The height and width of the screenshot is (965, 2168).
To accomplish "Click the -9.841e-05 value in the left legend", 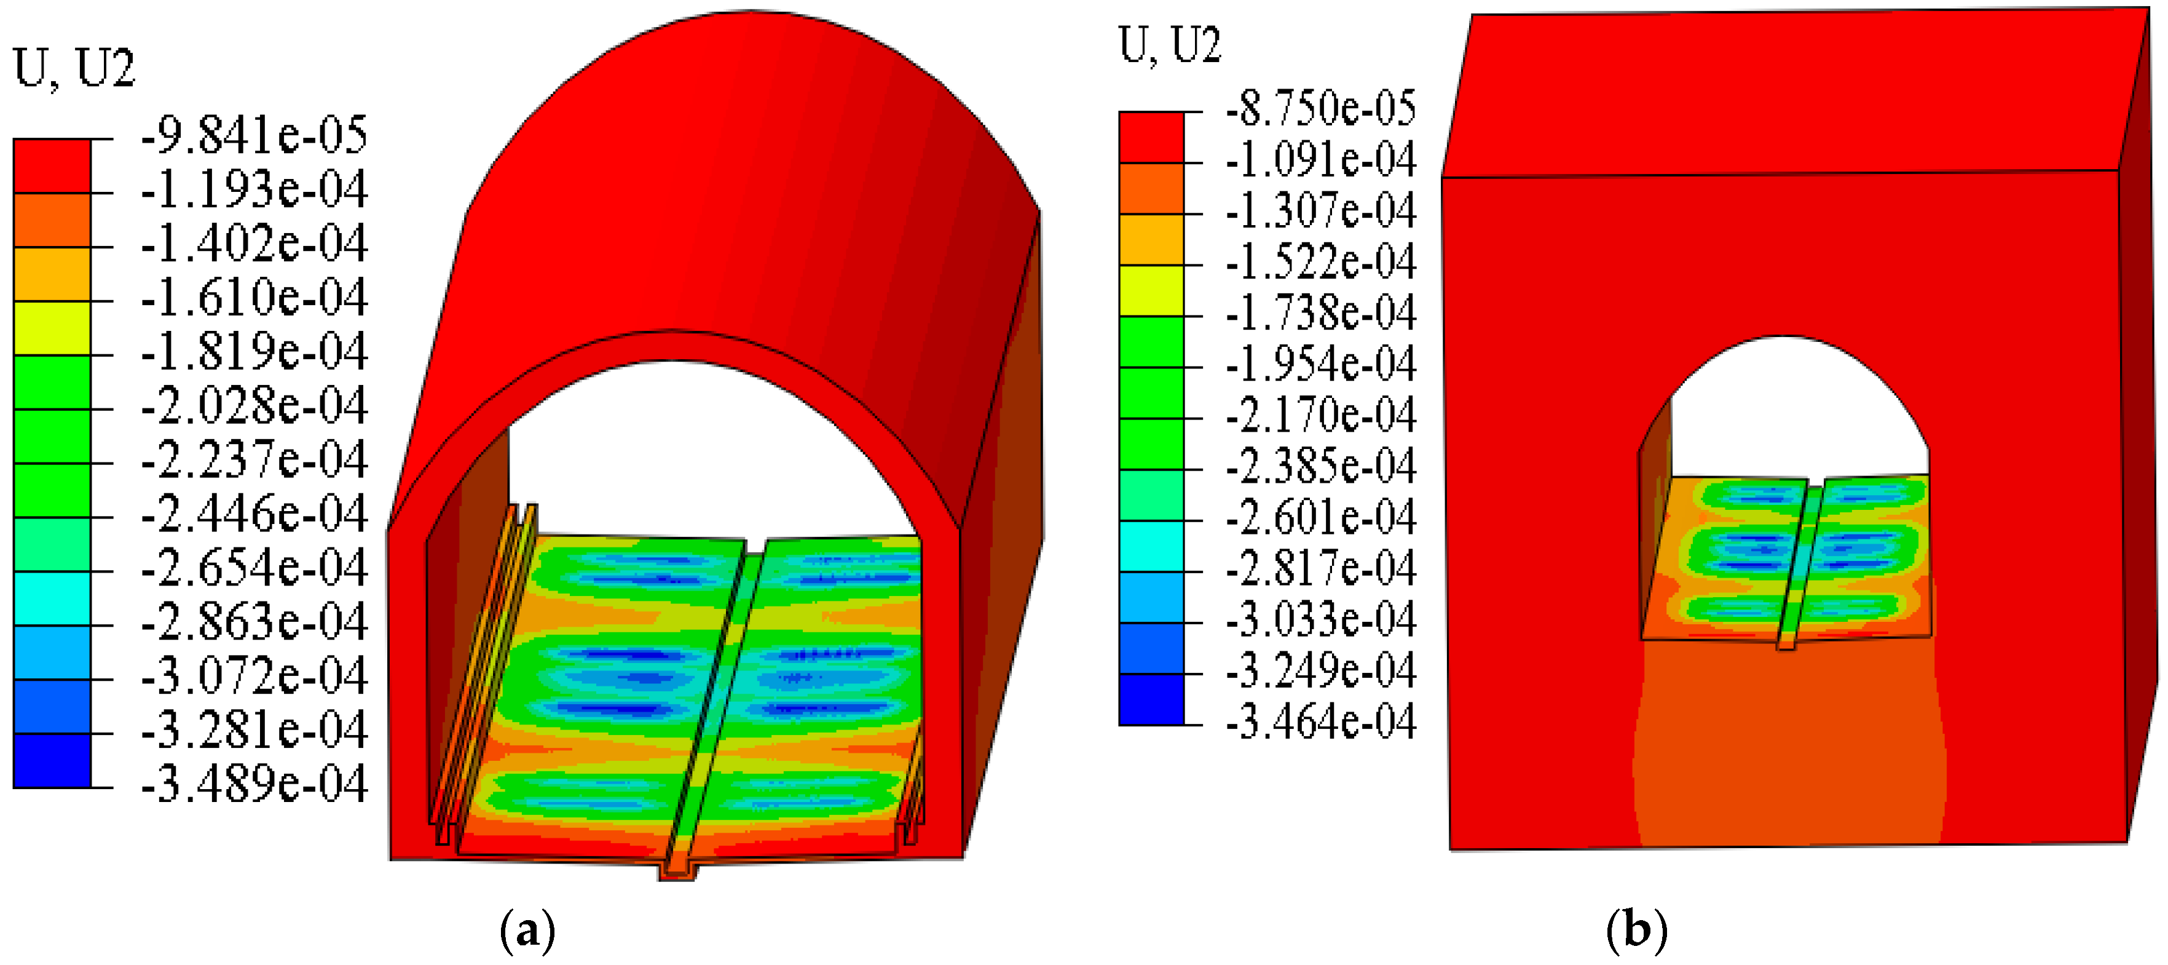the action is [x=254, y=135].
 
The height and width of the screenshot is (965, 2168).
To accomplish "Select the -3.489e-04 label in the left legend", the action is [x=254, y=784].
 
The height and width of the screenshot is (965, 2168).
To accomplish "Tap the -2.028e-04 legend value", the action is [x=254, y=405].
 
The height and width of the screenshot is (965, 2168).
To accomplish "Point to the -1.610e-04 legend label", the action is [x=254, y=297].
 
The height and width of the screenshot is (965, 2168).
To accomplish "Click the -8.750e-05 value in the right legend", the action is [x=1320, y=108].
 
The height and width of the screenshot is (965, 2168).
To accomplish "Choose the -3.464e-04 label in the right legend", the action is [x=1320, y=721].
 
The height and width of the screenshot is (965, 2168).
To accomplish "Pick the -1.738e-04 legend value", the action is [x=1320, y=312].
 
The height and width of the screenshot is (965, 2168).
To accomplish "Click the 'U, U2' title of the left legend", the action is [x=74, y=68].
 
